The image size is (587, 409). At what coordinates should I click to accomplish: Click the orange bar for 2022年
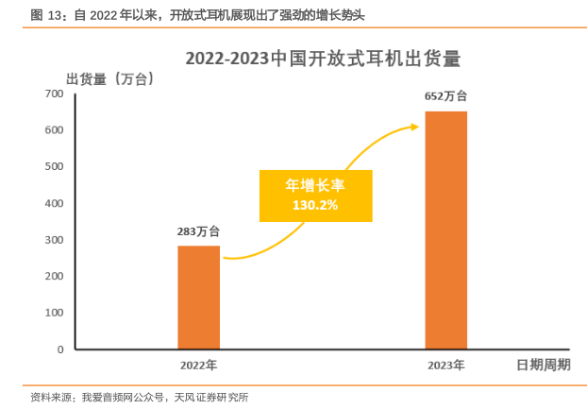(x=198, y=298)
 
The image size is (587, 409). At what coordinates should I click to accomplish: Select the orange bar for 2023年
(x=445, y=230)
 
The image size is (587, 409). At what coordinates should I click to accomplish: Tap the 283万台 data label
(x=198, y=230)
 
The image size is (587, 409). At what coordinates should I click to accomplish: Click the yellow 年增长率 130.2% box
(x=315, y=196)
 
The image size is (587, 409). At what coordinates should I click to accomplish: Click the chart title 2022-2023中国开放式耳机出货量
(x=322, y=59)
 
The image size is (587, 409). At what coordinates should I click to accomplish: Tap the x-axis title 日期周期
(x=542, y=365)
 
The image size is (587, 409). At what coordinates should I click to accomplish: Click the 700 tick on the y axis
(x=55, y=94)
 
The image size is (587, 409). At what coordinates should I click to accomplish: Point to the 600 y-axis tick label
(x=55, y=130)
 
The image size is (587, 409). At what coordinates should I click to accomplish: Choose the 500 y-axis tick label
(x=55, y=167)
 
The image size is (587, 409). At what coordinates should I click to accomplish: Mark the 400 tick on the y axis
(x=55, y=203)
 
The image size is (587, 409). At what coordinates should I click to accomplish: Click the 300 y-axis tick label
(x=55, y=240)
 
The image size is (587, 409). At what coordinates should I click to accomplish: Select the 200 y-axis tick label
(x=55, y=277)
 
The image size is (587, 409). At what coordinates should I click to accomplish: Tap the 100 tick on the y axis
(x=55, y=313)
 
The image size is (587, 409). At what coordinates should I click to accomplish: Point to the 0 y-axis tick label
(x=59, y=349)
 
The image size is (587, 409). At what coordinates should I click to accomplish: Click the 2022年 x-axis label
(x=198, y=365)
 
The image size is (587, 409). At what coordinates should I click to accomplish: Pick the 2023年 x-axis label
(x=445, y=365)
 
